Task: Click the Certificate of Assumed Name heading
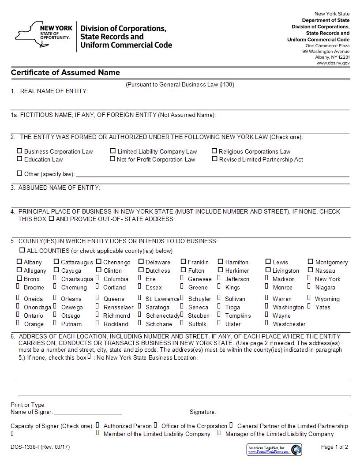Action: [x=65, y=73]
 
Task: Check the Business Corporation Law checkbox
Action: [x=19, y=151]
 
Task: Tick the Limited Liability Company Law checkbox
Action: [x=113, y=151]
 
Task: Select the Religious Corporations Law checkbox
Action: [x=215, y=151]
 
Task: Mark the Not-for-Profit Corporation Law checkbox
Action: [x=112, y=159]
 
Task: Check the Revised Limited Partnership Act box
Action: [x=215, y=159]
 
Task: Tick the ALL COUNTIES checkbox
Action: [x=22, y=250]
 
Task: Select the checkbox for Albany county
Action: [x=19, y=262]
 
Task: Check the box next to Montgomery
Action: [x=311, y=262]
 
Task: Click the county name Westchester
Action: [x=289, y=324]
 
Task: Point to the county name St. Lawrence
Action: [x=162, y=299]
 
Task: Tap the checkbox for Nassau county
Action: [x=311, y=270]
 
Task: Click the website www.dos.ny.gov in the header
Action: [x=333, y=63]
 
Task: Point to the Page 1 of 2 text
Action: [x=334, y=447]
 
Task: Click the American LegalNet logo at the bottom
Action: [x=274, y=450]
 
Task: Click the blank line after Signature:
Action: [x=284, y=412]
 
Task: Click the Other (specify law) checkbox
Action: [x=19, y=173]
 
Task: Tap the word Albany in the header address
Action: [x=322, y=57]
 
